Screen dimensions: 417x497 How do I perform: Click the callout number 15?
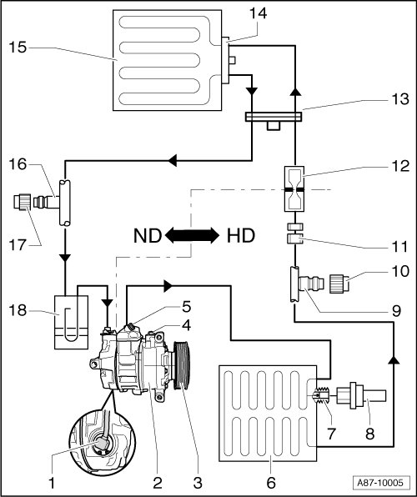[x=18, y=48]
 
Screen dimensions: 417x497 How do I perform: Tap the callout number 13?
[x=400, y=99]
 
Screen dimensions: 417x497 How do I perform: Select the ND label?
[x=148, y=236]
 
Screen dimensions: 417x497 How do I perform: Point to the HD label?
[x=241, y=236]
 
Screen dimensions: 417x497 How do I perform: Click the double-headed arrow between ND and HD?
[x=192, y=236]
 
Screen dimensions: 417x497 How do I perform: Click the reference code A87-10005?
[x=380, y=483]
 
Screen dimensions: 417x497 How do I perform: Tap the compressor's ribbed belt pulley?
[x=182, y=364]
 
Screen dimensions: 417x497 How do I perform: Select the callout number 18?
[x=18, y=310]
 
